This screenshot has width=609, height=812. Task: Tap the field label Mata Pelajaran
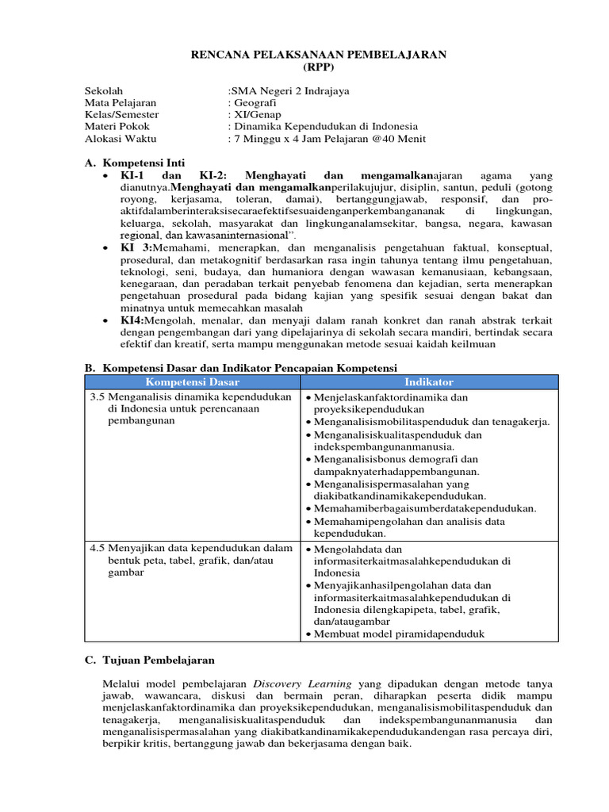[121, 103]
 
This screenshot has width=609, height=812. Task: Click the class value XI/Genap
[255, 115]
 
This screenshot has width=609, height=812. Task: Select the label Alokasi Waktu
[121, 139]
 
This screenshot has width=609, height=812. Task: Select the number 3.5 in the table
[98, 396]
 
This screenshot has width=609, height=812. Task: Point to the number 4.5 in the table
[98, 548]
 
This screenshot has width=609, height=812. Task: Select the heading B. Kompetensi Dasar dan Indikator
[240, 368]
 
